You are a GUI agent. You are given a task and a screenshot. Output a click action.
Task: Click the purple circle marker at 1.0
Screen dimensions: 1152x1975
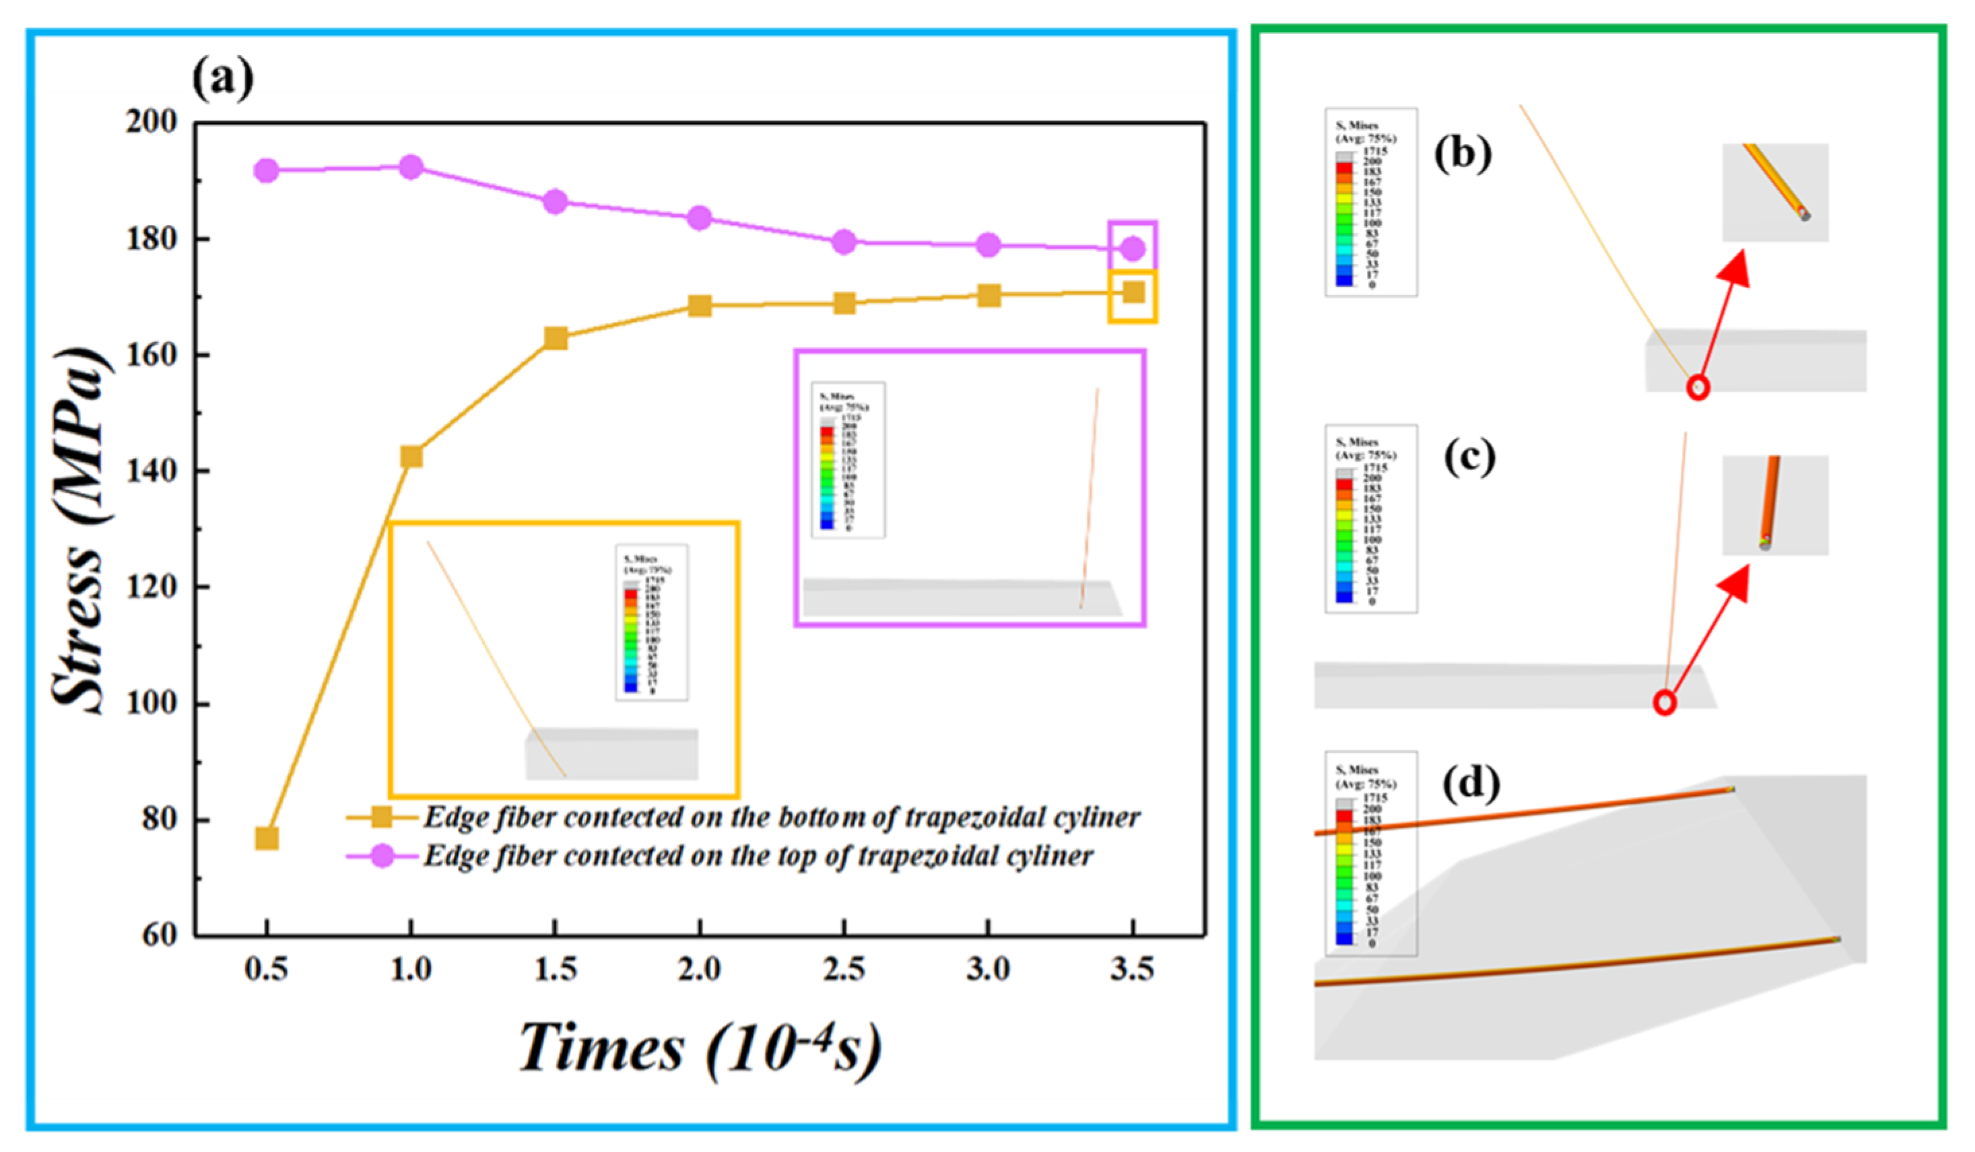point(411,167)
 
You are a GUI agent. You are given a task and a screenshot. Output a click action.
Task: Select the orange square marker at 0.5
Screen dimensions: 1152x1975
point(267,838)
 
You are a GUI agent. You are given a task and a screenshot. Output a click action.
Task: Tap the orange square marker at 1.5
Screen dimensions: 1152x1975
point(556,339)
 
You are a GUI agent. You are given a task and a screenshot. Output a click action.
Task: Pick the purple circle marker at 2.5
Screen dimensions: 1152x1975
point(844,242)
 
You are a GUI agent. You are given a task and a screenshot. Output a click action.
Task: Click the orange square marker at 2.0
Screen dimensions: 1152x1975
point(700,306)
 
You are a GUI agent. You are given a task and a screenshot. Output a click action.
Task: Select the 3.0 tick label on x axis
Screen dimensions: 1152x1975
point(989,970)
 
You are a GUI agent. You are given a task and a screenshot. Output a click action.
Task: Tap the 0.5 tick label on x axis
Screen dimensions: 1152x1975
point(267,970)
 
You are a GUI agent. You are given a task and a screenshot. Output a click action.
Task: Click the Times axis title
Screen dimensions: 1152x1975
point(700,1048)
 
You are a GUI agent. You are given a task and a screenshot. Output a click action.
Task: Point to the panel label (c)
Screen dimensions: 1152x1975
point(1469,457)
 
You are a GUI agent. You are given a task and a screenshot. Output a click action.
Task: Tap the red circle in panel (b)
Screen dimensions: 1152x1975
point(1698,387)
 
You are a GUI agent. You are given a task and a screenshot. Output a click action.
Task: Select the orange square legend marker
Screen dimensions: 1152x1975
point(382,818)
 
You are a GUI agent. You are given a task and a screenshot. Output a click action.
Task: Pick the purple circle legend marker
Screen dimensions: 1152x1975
point(382,856)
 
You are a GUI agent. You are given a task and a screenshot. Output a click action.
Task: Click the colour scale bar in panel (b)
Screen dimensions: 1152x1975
point(1344,219)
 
